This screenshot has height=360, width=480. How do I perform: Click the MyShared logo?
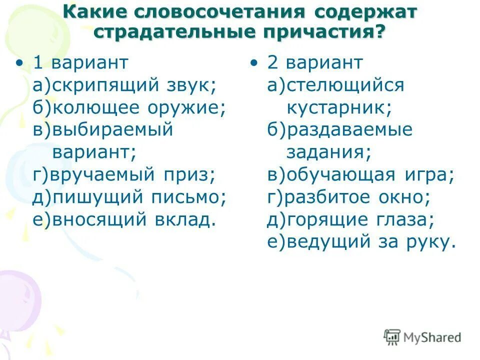click(422, 337)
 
